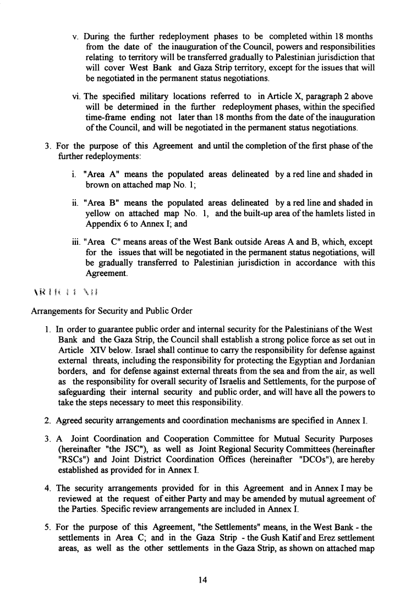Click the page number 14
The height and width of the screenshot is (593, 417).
[x=208, y=579]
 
